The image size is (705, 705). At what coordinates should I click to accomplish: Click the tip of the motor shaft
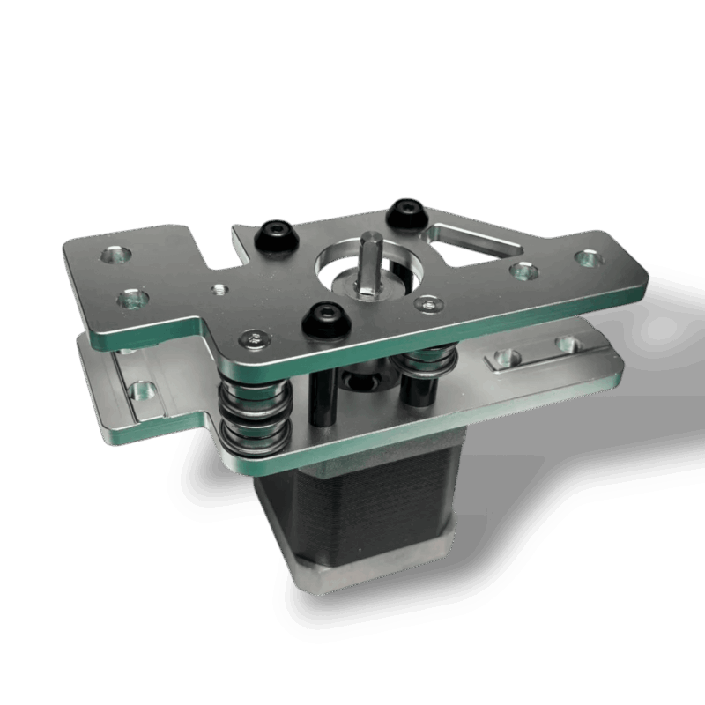click(x=370, y=241)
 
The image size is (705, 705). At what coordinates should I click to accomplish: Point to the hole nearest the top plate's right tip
click(x=586, y=257)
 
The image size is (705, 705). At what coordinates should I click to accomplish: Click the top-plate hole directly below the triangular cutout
click(x=525, y=271)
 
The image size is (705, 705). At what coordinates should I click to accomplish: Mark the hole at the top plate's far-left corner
click(x=114, y=256)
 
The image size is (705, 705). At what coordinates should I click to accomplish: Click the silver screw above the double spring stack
click(x=254, y=338)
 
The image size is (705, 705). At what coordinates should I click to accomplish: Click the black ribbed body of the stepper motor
click(x=352, y=520)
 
